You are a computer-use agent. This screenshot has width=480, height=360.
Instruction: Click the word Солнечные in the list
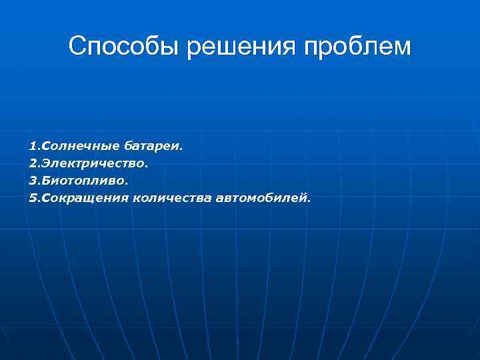coord(80,145)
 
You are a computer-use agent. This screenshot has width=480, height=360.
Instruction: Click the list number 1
coord(32,145)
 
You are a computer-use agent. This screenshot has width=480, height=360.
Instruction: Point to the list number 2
coord(32,163)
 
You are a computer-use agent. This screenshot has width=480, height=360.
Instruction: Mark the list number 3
coord(32,180)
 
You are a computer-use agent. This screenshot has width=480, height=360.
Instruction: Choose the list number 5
coord(32,197)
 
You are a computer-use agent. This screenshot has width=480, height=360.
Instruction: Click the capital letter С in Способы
coord(77,47)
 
